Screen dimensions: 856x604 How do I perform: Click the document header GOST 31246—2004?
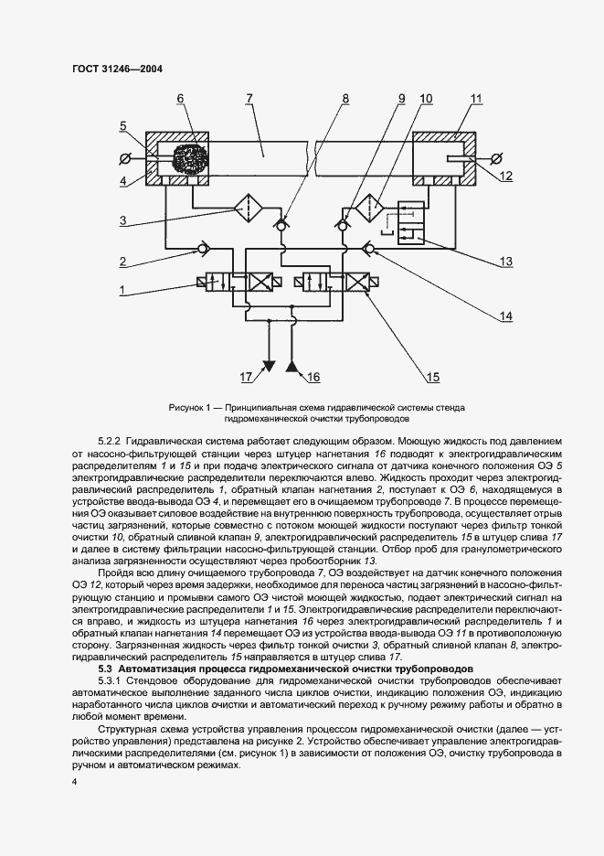[111, 69]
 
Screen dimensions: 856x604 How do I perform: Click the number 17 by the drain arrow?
[245, 376]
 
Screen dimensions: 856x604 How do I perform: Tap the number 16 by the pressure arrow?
[314, 376]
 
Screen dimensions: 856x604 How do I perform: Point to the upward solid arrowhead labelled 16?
[292, 367]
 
